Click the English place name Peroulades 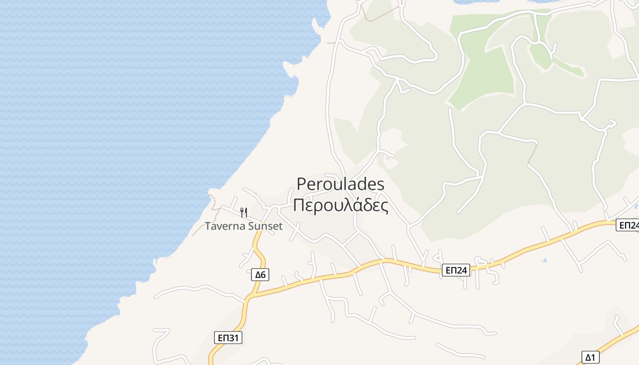pos(340,184)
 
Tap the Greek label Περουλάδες pos(340,205)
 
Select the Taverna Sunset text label pos(244,226)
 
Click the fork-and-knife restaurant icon pos(244,212)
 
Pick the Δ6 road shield pos(260,275)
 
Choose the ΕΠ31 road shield pos(228,338)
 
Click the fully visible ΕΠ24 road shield pos(456,271)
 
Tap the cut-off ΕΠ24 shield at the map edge pos(628,225)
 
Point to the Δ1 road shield pos(591,357)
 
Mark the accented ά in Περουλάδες pos(351,205)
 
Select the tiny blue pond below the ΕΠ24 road pos(544,261)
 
